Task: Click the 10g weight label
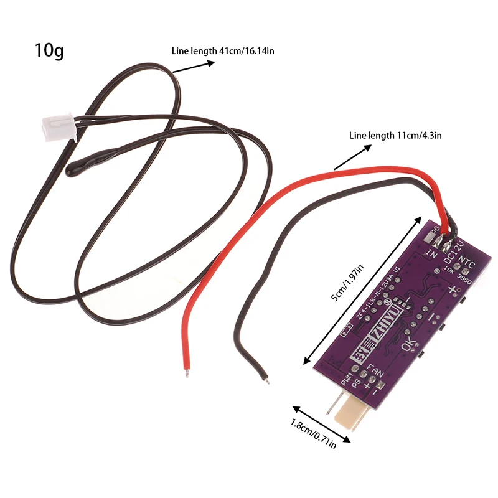pos(50,51)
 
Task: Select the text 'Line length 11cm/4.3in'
pos(395,134)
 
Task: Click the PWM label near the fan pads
pos(347,377)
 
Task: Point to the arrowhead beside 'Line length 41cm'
pos(176,72)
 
